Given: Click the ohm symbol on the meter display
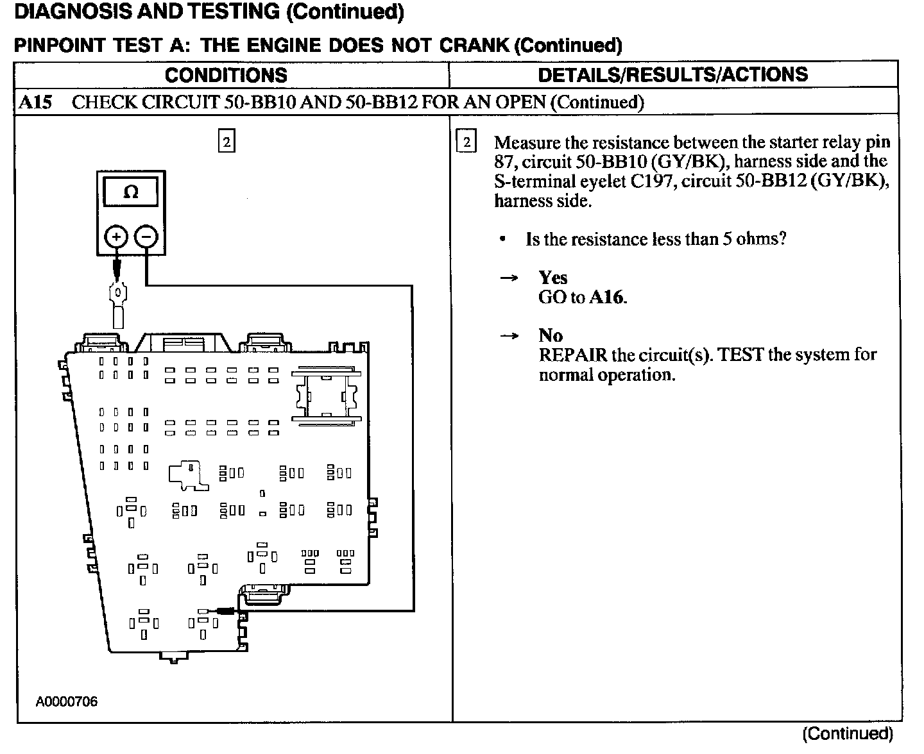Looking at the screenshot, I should [130, 192].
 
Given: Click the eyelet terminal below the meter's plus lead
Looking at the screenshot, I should [118, 296].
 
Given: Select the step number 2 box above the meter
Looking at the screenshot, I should [227, 141].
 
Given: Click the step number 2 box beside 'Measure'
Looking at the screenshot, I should [466, 142].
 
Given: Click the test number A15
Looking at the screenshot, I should [35, 103].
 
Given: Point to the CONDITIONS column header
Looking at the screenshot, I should [226, 75].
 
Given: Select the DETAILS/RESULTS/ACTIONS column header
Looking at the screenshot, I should [672, 74].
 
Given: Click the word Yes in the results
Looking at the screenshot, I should [552, 278].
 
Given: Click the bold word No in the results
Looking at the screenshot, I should [551, 335].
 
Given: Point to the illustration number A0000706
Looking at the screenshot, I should [67, 701].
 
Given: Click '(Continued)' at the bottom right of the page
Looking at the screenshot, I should [847, 733].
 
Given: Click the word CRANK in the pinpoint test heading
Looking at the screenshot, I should [478, 46].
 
